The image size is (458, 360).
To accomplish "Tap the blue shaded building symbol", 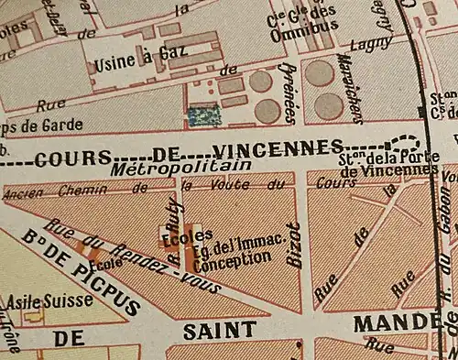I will [203, 115].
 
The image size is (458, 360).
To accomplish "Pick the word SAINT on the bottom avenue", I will [213, 330].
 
